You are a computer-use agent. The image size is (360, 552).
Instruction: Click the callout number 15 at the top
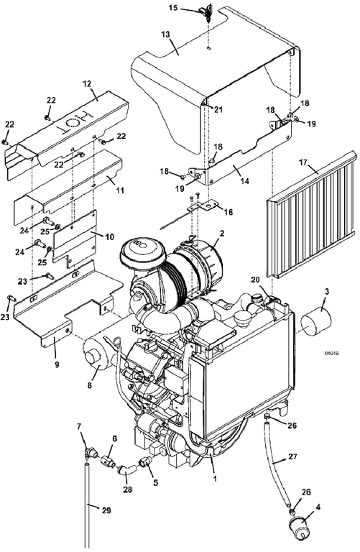[173, 7]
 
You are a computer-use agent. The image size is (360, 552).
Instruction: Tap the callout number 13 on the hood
[165, 34]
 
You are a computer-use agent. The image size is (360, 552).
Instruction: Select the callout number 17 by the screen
[304, 162]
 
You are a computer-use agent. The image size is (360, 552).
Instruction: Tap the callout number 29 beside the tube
[106, 510]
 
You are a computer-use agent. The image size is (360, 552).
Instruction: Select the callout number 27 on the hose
[292, 457]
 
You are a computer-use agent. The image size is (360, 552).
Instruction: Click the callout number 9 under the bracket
[57, 364]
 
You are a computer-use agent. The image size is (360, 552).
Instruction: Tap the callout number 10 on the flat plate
[109, 237]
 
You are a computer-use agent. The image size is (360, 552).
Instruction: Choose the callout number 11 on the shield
[120, 190]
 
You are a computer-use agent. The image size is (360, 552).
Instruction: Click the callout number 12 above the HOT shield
[86, 84]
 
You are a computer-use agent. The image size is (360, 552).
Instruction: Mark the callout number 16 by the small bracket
[229, 212]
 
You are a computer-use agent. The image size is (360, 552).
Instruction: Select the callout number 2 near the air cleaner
[222, 233]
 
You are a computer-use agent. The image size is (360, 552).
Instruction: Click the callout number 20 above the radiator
[255, 280]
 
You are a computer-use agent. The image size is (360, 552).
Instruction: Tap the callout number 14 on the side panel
[244, 181]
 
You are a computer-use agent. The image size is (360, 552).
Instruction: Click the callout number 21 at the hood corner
[218, 110]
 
